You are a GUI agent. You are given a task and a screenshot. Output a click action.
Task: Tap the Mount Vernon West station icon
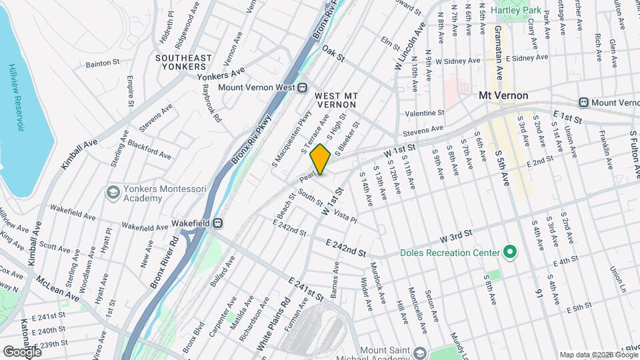tap(302, 87)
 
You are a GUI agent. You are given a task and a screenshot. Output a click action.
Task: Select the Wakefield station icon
tap(217, 223)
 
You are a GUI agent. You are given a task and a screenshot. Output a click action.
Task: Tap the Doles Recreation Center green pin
tap(510, 253)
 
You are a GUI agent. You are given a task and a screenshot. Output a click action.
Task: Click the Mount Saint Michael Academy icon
tap(419, 351)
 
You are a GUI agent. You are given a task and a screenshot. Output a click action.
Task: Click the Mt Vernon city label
tap(503, 95)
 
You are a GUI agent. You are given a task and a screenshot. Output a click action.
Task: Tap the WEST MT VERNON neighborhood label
tap(337, 101)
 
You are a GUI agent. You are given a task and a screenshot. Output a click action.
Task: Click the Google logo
tap(22, 351)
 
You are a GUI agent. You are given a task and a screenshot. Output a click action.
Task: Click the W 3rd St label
tap(455, 235)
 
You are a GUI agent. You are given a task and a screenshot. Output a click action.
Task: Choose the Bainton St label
tap(102, 64)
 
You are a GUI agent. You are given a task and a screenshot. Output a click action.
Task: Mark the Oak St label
tap(333, 53)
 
